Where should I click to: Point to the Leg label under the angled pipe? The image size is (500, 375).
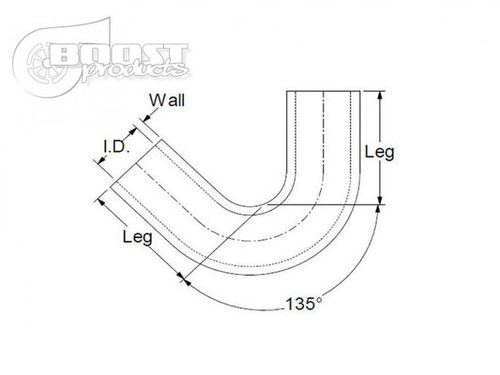pyautogui.click(x=140, y=238)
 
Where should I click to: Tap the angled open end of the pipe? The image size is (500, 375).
pyautogui.click(x=130, y=162)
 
